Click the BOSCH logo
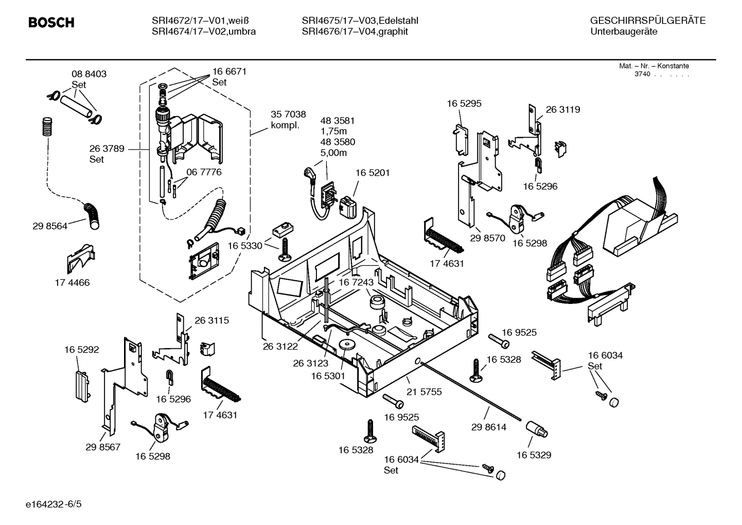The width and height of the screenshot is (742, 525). pyautogui.click(x=51, y=23)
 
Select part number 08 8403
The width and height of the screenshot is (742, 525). pyautogui.click(x=89, y=74)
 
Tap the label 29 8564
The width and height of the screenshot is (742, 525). pyautogui.click(x=49, y=226)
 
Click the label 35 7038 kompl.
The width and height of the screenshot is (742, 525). pyautogui.click(x=288, y=120)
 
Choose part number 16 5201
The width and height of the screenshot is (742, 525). pyautogui.click(x=372, y=173)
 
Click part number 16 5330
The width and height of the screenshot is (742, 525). pyautogui.click(x=245, y=246)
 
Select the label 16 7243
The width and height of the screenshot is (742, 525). pyautogui.click(x=356, y=283)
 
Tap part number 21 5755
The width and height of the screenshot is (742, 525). pyautogui.click(x=424, y=392)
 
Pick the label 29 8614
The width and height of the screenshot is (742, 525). pyautogui.click(x=488, y=427)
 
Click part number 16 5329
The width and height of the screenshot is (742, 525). pyautogui.click(x=534, y=455)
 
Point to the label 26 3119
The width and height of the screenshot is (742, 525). pyautogui.click(x=562, y=110)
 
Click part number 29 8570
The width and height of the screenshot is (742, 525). pyautogui.click(x=487, y=239)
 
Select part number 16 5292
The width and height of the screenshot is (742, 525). pyautogui.click(x=81, y=350)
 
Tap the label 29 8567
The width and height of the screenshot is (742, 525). pyautogui.click(x=103, y=447)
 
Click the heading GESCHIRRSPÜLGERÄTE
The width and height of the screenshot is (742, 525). pyautogui.click(x=647, y=21)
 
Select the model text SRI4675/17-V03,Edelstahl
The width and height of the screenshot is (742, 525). pyautogui.click(x=360, y=21)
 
